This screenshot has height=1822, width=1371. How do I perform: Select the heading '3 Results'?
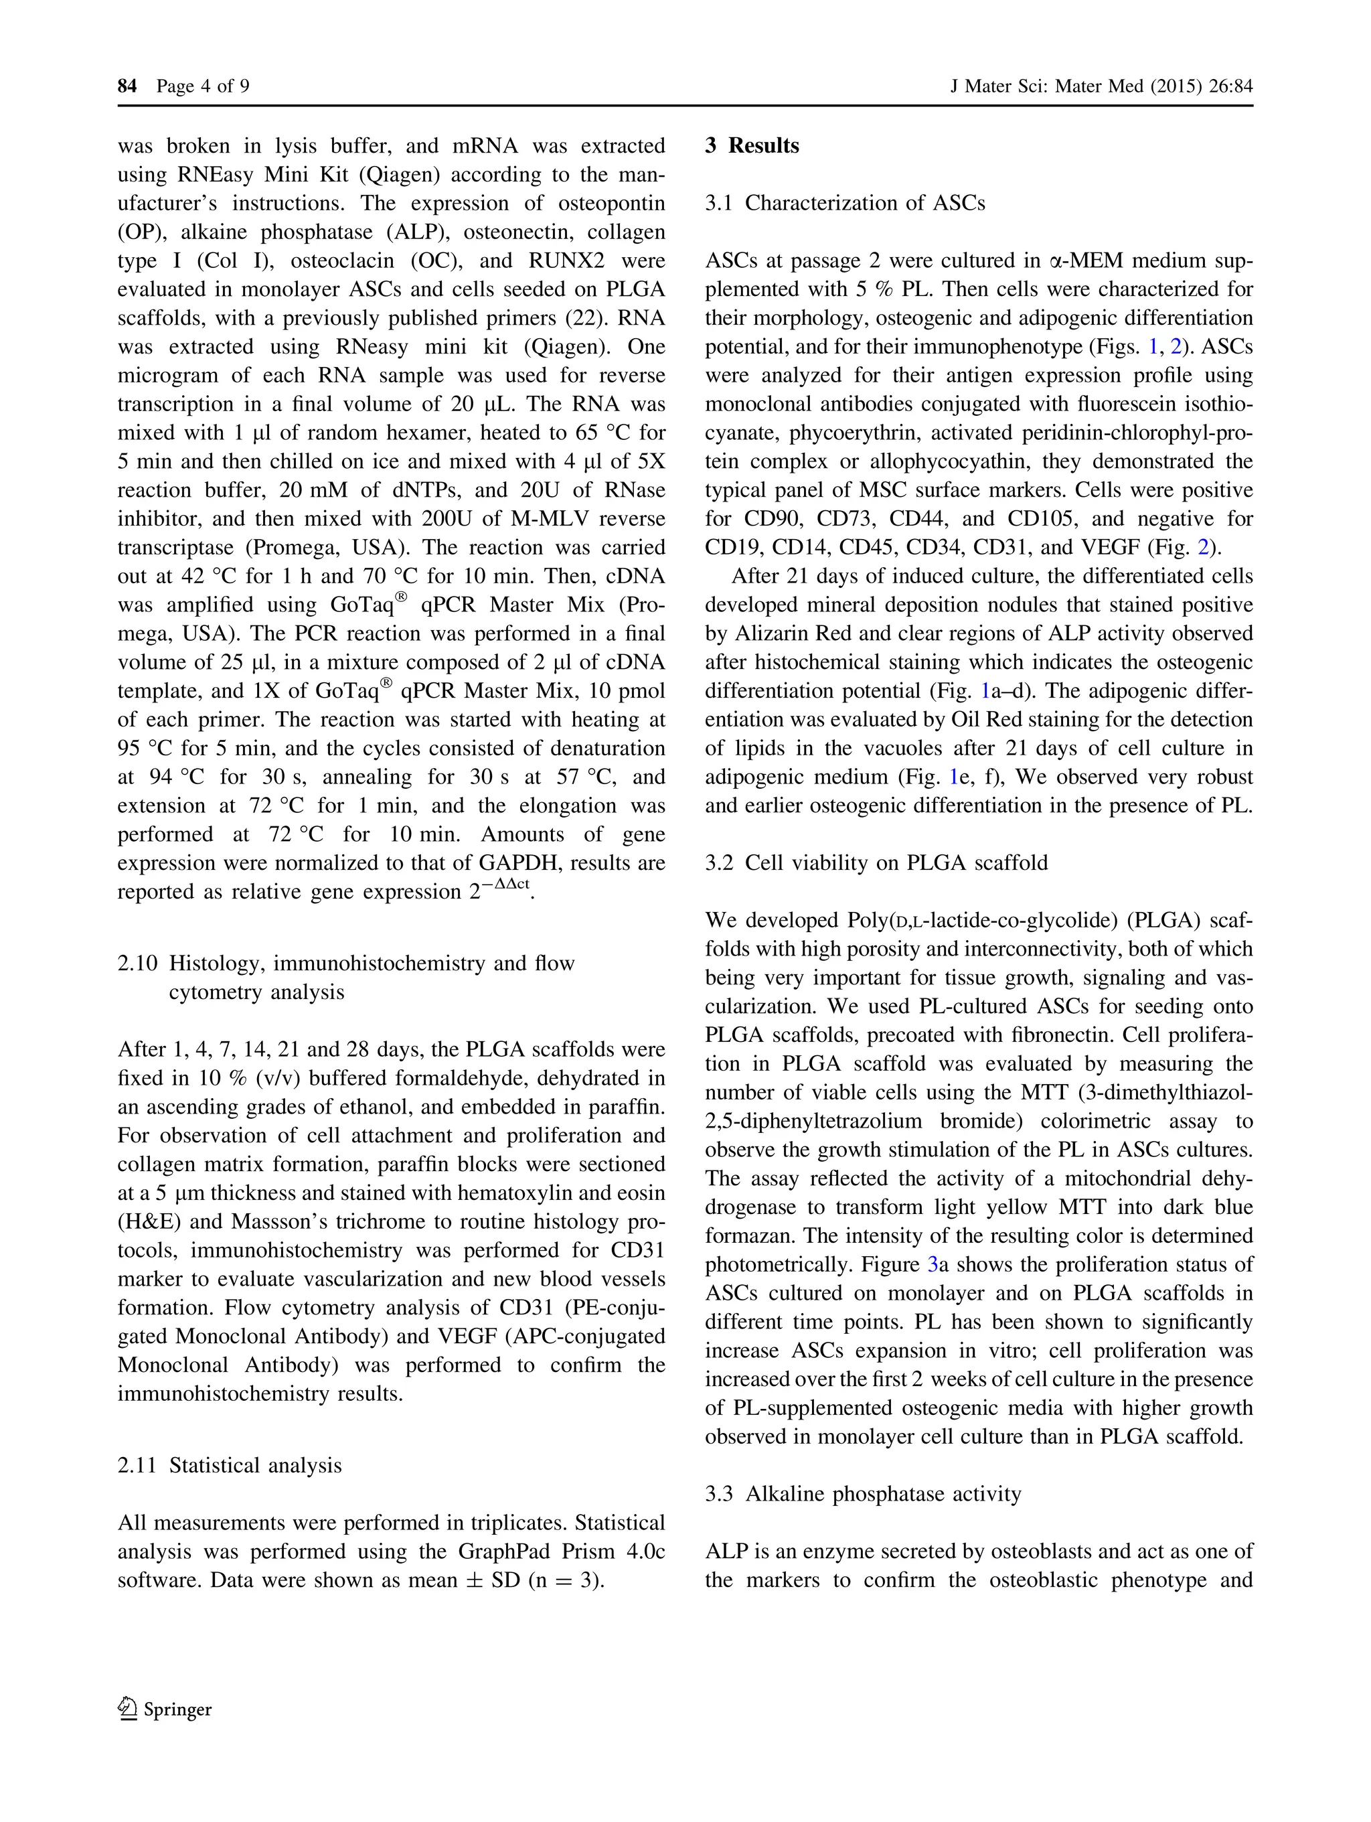(752, 146)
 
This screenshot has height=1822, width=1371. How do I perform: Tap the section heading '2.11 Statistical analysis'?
(229, 1465)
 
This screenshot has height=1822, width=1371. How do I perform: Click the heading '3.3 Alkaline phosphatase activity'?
(862, 1494)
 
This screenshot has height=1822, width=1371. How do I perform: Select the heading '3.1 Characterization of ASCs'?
(845, 204)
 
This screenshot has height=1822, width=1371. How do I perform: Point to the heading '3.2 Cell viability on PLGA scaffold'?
(876, 862)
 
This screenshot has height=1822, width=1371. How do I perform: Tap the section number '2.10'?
(137, 963)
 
